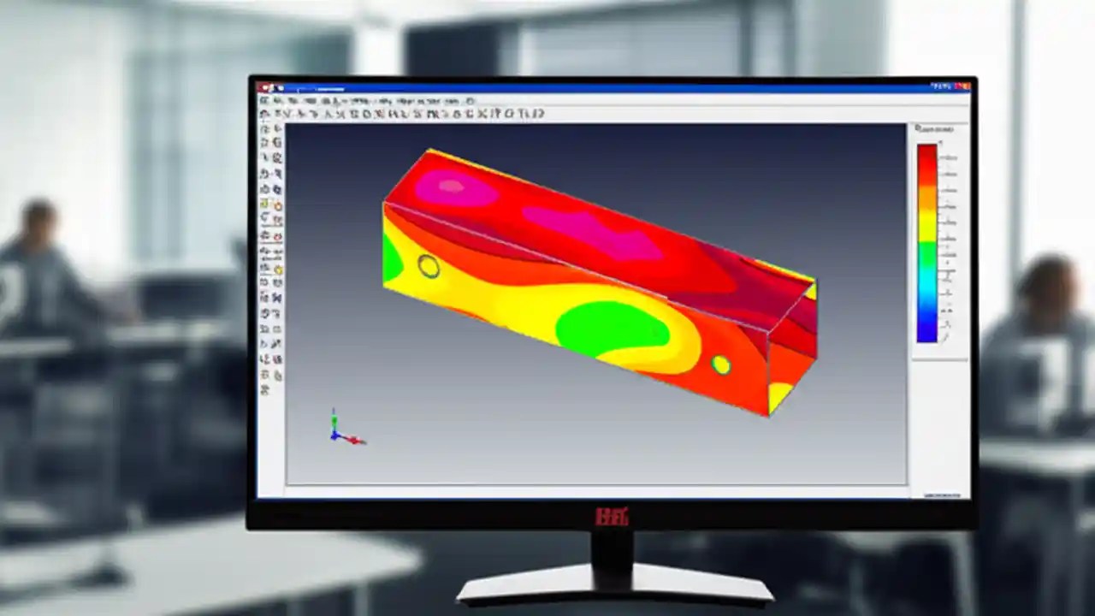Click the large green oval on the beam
(x=612, y=329)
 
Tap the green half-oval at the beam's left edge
(x=392, y=258)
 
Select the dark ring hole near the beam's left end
(x=429, y=266)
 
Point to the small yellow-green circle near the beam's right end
(x=721, y=365)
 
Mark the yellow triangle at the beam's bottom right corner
(x=779, y=396)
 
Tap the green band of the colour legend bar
(x=927, y=256)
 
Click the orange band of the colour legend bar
(x=927, y=198)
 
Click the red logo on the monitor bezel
(x=612, y=516)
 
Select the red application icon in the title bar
(x=266, y=87)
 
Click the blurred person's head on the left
(x=38, y=221)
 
